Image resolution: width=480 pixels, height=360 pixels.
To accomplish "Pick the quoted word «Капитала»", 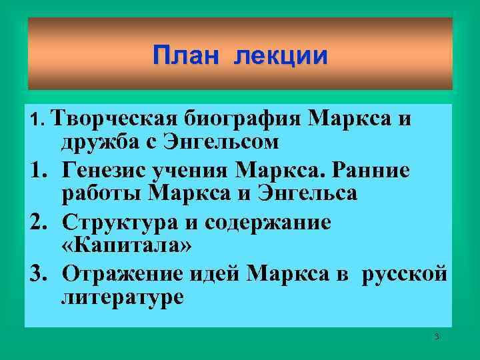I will click(x=126, y=245).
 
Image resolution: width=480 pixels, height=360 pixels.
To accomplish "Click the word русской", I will click(x=404, y=274).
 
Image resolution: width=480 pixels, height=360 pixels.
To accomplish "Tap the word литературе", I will click(x=122, y=297).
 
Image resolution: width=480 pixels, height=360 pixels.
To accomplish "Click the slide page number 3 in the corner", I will click(x=437, y=337).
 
